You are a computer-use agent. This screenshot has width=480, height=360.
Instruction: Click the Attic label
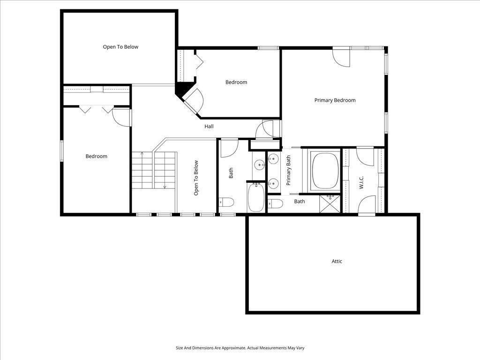pos(337,261)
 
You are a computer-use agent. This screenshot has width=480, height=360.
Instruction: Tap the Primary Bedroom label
pos(335,100)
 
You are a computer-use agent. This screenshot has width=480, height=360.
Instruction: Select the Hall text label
pos(209,127)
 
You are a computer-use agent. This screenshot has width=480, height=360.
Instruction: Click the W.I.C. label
pos(361,182)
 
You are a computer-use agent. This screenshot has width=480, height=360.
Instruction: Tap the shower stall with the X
pos(330,204)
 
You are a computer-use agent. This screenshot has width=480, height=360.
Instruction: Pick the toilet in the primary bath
pos(276,203)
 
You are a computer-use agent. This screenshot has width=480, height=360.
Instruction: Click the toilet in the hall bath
pos(227,202)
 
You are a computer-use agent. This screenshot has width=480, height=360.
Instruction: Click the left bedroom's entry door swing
pos(121,116)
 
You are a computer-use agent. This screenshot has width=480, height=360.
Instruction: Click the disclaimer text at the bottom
pos(240,348)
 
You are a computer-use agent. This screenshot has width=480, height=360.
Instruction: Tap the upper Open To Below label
pos(120,47)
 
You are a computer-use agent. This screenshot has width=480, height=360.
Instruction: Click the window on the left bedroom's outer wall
pos(61,151)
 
